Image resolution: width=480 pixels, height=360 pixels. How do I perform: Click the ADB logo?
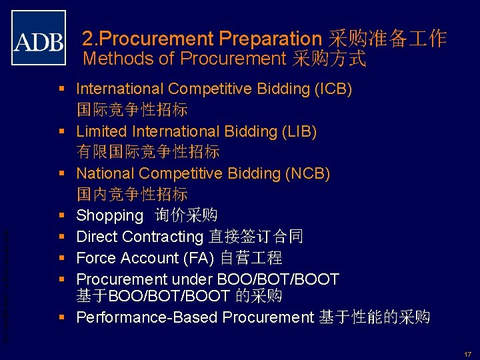pyautogui.click(x=39, y=37)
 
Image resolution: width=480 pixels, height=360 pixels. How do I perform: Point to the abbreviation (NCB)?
pyautogui.click(x=308, y=174)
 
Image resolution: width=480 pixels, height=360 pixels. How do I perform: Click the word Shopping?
pyautogui.click(x=110, y=216)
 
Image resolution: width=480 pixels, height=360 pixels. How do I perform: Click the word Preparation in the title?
pyautogui.click(x=270, y=39)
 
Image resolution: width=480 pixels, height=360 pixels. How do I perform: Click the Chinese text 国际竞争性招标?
pyautogui.click(x=132, y=110)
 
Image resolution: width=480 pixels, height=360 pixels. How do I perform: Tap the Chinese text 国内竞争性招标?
pyautogui.click(x=132, y=195)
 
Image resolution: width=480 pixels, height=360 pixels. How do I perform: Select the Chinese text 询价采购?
pyautogui.click(x=186, y=216)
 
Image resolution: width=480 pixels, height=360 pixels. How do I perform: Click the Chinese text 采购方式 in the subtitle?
pyautogui.click(x=329, y=59)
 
